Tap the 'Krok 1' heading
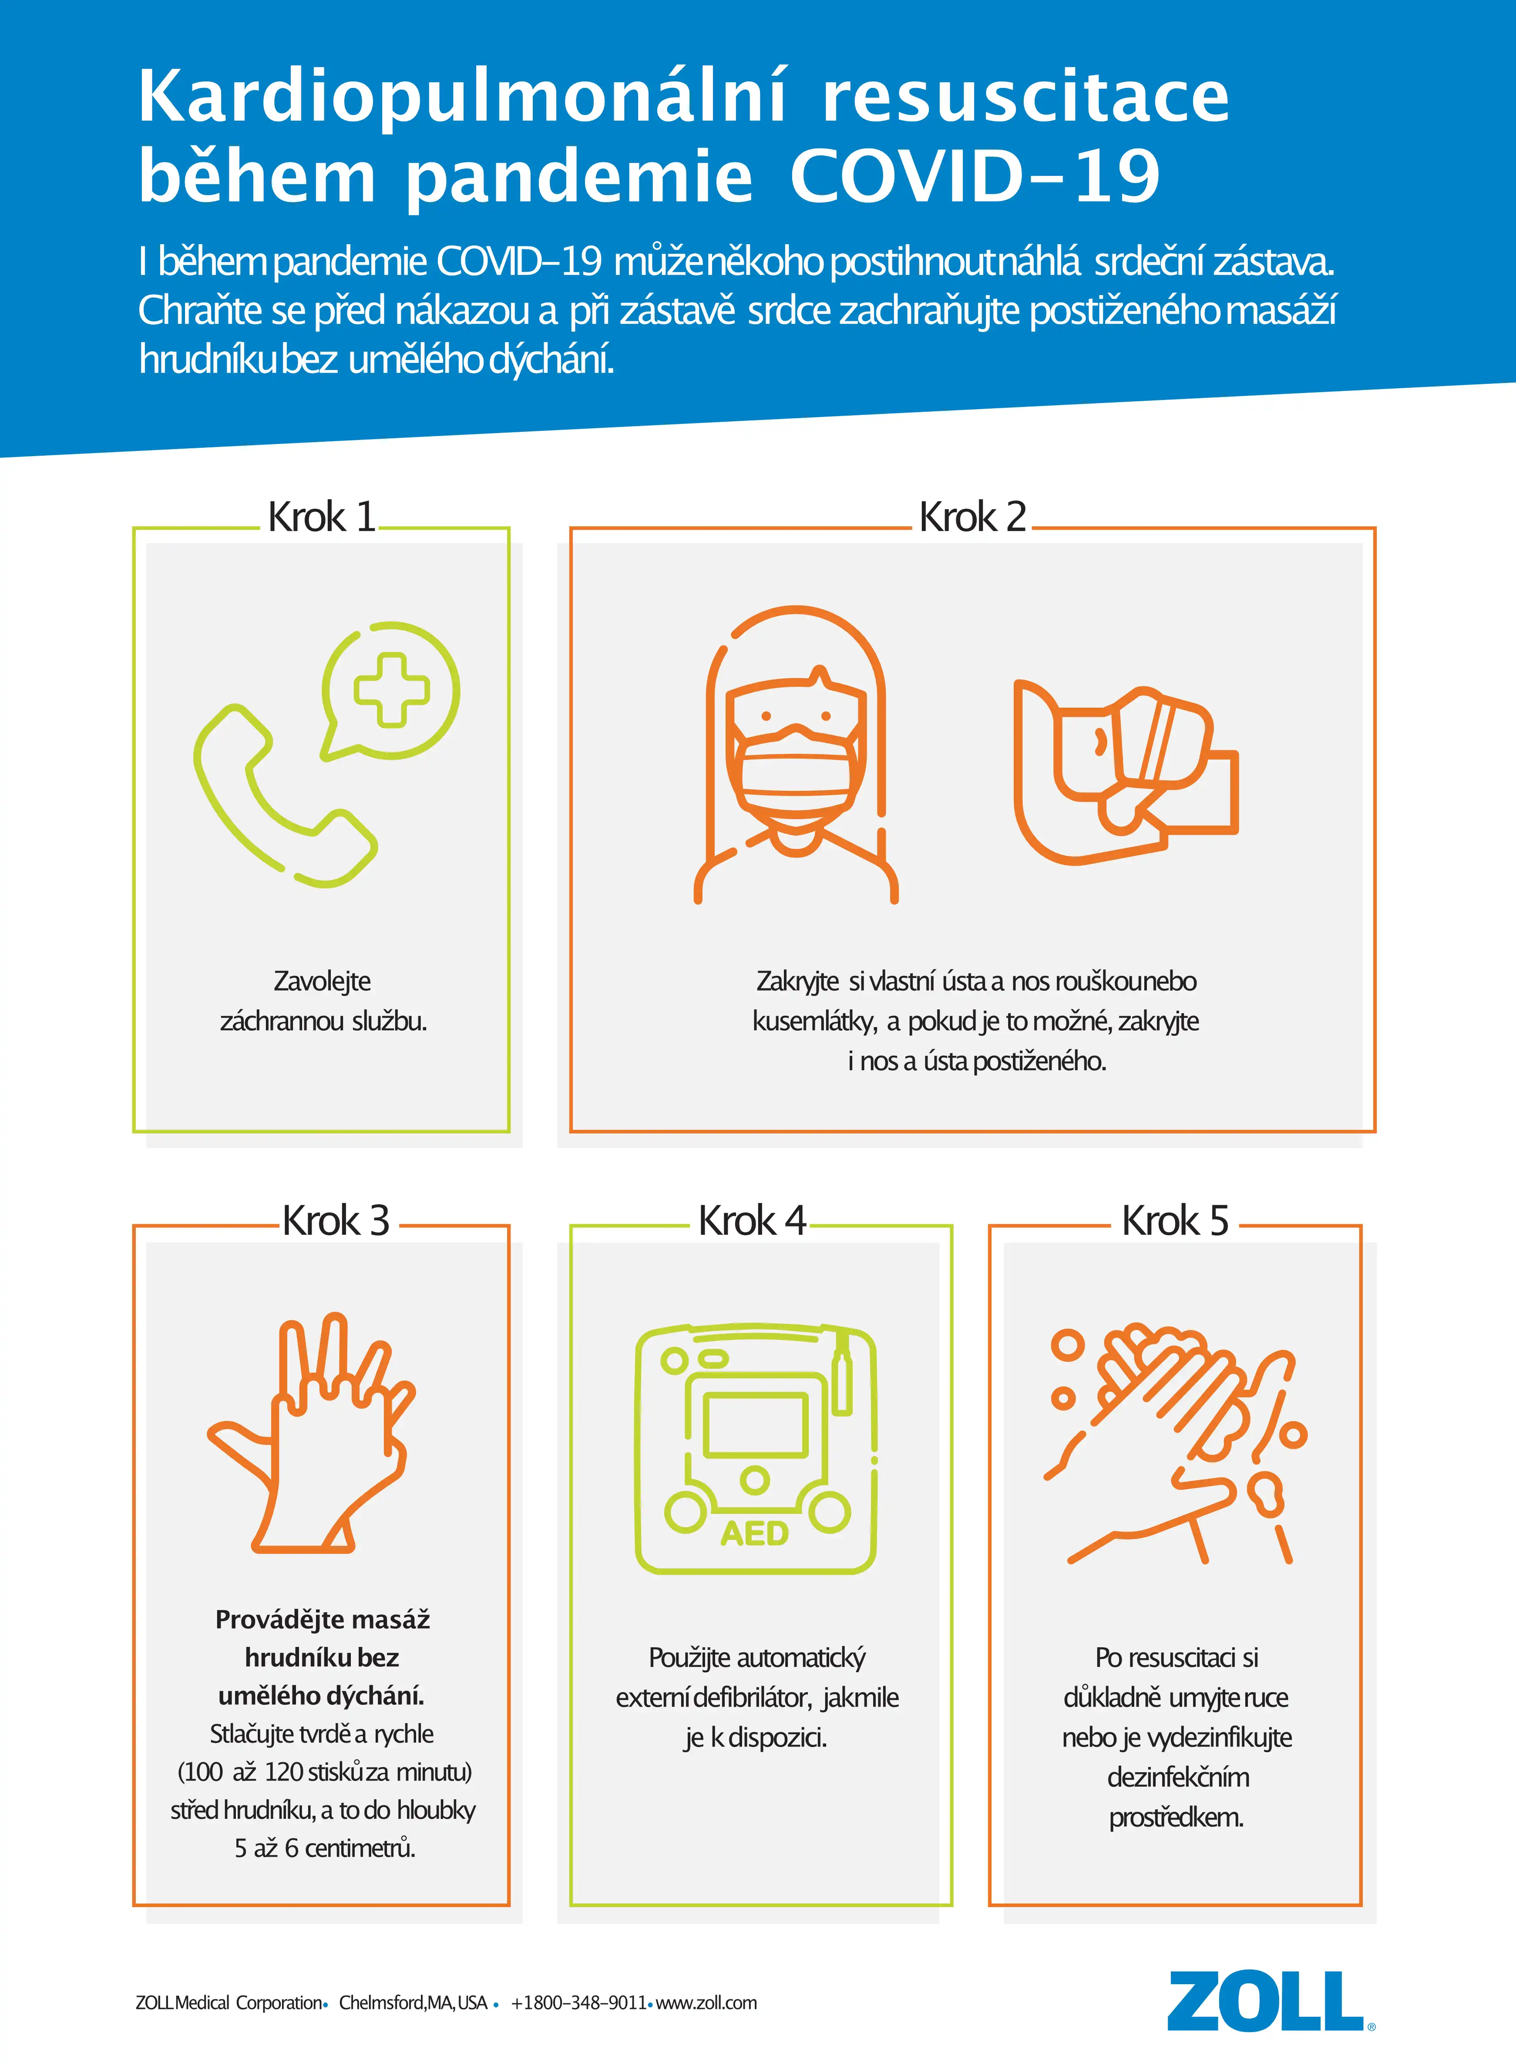coord(321,517)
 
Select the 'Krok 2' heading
coord(973,517)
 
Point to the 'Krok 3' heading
coord(336,1221)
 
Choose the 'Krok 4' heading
coord(753,1221)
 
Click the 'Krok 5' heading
coord(1176,1221)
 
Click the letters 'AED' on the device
coord(754,1533)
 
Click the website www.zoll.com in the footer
coord(706,2003)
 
